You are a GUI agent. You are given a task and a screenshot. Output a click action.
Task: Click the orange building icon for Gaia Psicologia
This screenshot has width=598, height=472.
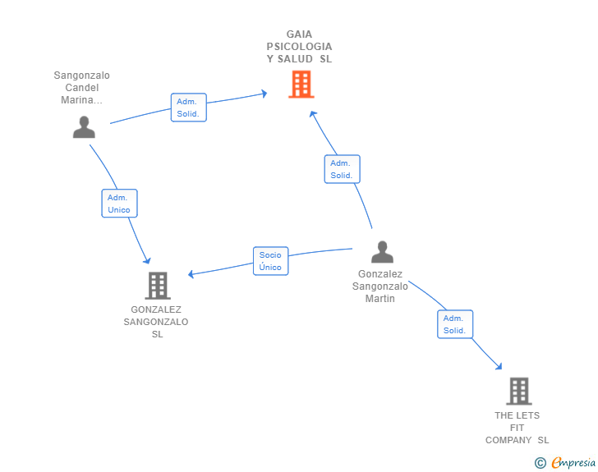(x=301, y=85)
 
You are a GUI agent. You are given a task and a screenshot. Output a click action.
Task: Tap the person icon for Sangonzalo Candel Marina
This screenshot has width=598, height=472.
(x=84, y=127)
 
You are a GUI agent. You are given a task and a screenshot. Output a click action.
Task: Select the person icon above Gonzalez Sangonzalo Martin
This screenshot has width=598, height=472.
(x=382, y=252)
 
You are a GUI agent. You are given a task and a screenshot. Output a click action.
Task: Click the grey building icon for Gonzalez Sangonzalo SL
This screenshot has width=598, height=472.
(x=158, y=286)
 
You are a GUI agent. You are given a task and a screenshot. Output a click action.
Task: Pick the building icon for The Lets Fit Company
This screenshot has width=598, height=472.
(x=519, y=392)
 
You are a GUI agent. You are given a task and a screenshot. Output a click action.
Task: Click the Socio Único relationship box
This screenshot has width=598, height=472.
(x=271, y=261)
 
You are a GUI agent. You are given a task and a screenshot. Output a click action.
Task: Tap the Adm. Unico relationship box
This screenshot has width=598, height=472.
(x=119, y=204)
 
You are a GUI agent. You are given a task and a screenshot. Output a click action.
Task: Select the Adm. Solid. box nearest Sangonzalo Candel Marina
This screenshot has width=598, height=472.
(x=189, y=108)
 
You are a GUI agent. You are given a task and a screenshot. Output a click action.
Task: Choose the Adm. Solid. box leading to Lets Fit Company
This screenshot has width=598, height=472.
(x=455, y=324)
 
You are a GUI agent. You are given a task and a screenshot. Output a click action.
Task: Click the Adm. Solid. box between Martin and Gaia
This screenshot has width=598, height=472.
(x=342, y=169)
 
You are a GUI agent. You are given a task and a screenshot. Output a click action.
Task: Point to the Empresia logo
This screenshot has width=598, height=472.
(x=573, y=463)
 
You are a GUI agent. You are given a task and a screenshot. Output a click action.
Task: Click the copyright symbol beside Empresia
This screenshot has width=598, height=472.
(x=540, y=463)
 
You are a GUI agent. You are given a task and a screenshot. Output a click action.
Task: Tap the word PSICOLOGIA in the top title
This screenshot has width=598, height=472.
(x=299, y=47)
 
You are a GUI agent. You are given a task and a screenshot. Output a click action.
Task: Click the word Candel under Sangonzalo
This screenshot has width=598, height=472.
(x=82, y=88)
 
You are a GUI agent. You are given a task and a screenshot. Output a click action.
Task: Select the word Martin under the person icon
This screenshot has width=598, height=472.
(x=379, y=299)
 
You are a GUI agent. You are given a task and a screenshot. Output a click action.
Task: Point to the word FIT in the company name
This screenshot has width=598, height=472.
(x=517, y=428)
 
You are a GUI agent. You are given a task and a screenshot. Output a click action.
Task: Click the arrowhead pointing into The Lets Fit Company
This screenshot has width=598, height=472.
(x=499, y=367)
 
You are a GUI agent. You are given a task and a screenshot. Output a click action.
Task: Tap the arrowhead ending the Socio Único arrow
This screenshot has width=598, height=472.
(x=191, y=273)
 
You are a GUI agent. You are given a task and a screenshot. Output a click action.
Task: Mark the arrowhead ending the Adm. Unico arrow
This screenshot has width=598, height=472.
(x=147, y=261)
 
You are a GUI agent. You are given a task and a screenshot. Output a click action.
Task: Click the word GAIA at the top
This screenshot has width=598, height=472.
(x=299, y=34)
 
